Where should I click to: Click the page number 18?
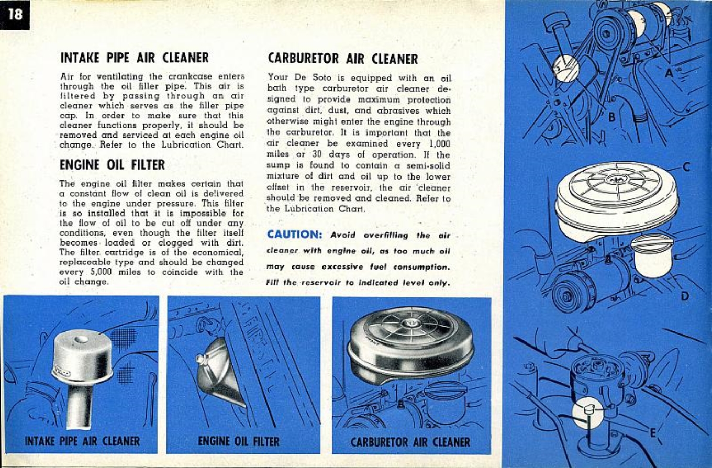coord(15,14)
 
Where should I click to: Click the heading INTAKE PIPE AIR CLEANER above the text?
coord(135,57)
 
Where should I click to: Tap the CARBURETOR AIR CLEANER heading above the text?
coord(342,59)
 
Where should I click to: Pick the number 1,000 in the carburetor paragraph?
coord(437,146)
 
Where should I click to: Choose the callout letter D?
coord(685,297)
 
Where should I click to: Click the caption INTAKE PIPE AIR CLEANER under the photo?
coord(82,441)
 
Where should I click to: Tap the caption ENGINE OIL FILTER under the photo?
coord(239,441)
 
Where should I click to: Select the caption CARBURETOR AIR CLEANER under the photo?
coord(410,441)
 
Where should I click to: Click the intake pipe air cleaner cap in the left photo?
coord(82,356)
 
